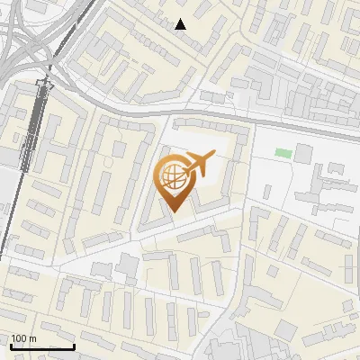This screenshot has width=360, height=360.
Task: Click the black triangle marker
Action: click(x=181, y=24)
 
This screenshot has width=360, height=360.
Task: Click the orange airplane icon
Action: click(x=200, y=164)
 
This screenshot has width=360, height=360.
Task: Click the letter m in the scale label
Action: click(x=33, y=338)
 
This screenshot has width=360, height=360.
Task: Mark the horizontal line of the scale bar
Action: click(x=41, y=346)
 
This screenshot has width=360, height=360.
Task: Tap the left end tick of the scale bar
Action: click(x=10, y=345)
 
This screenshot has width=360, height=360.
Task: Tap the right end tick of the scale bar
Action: click(x=74, y=345)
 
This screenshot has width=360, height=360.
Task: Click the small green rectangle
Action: click(x=283, y=153)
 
